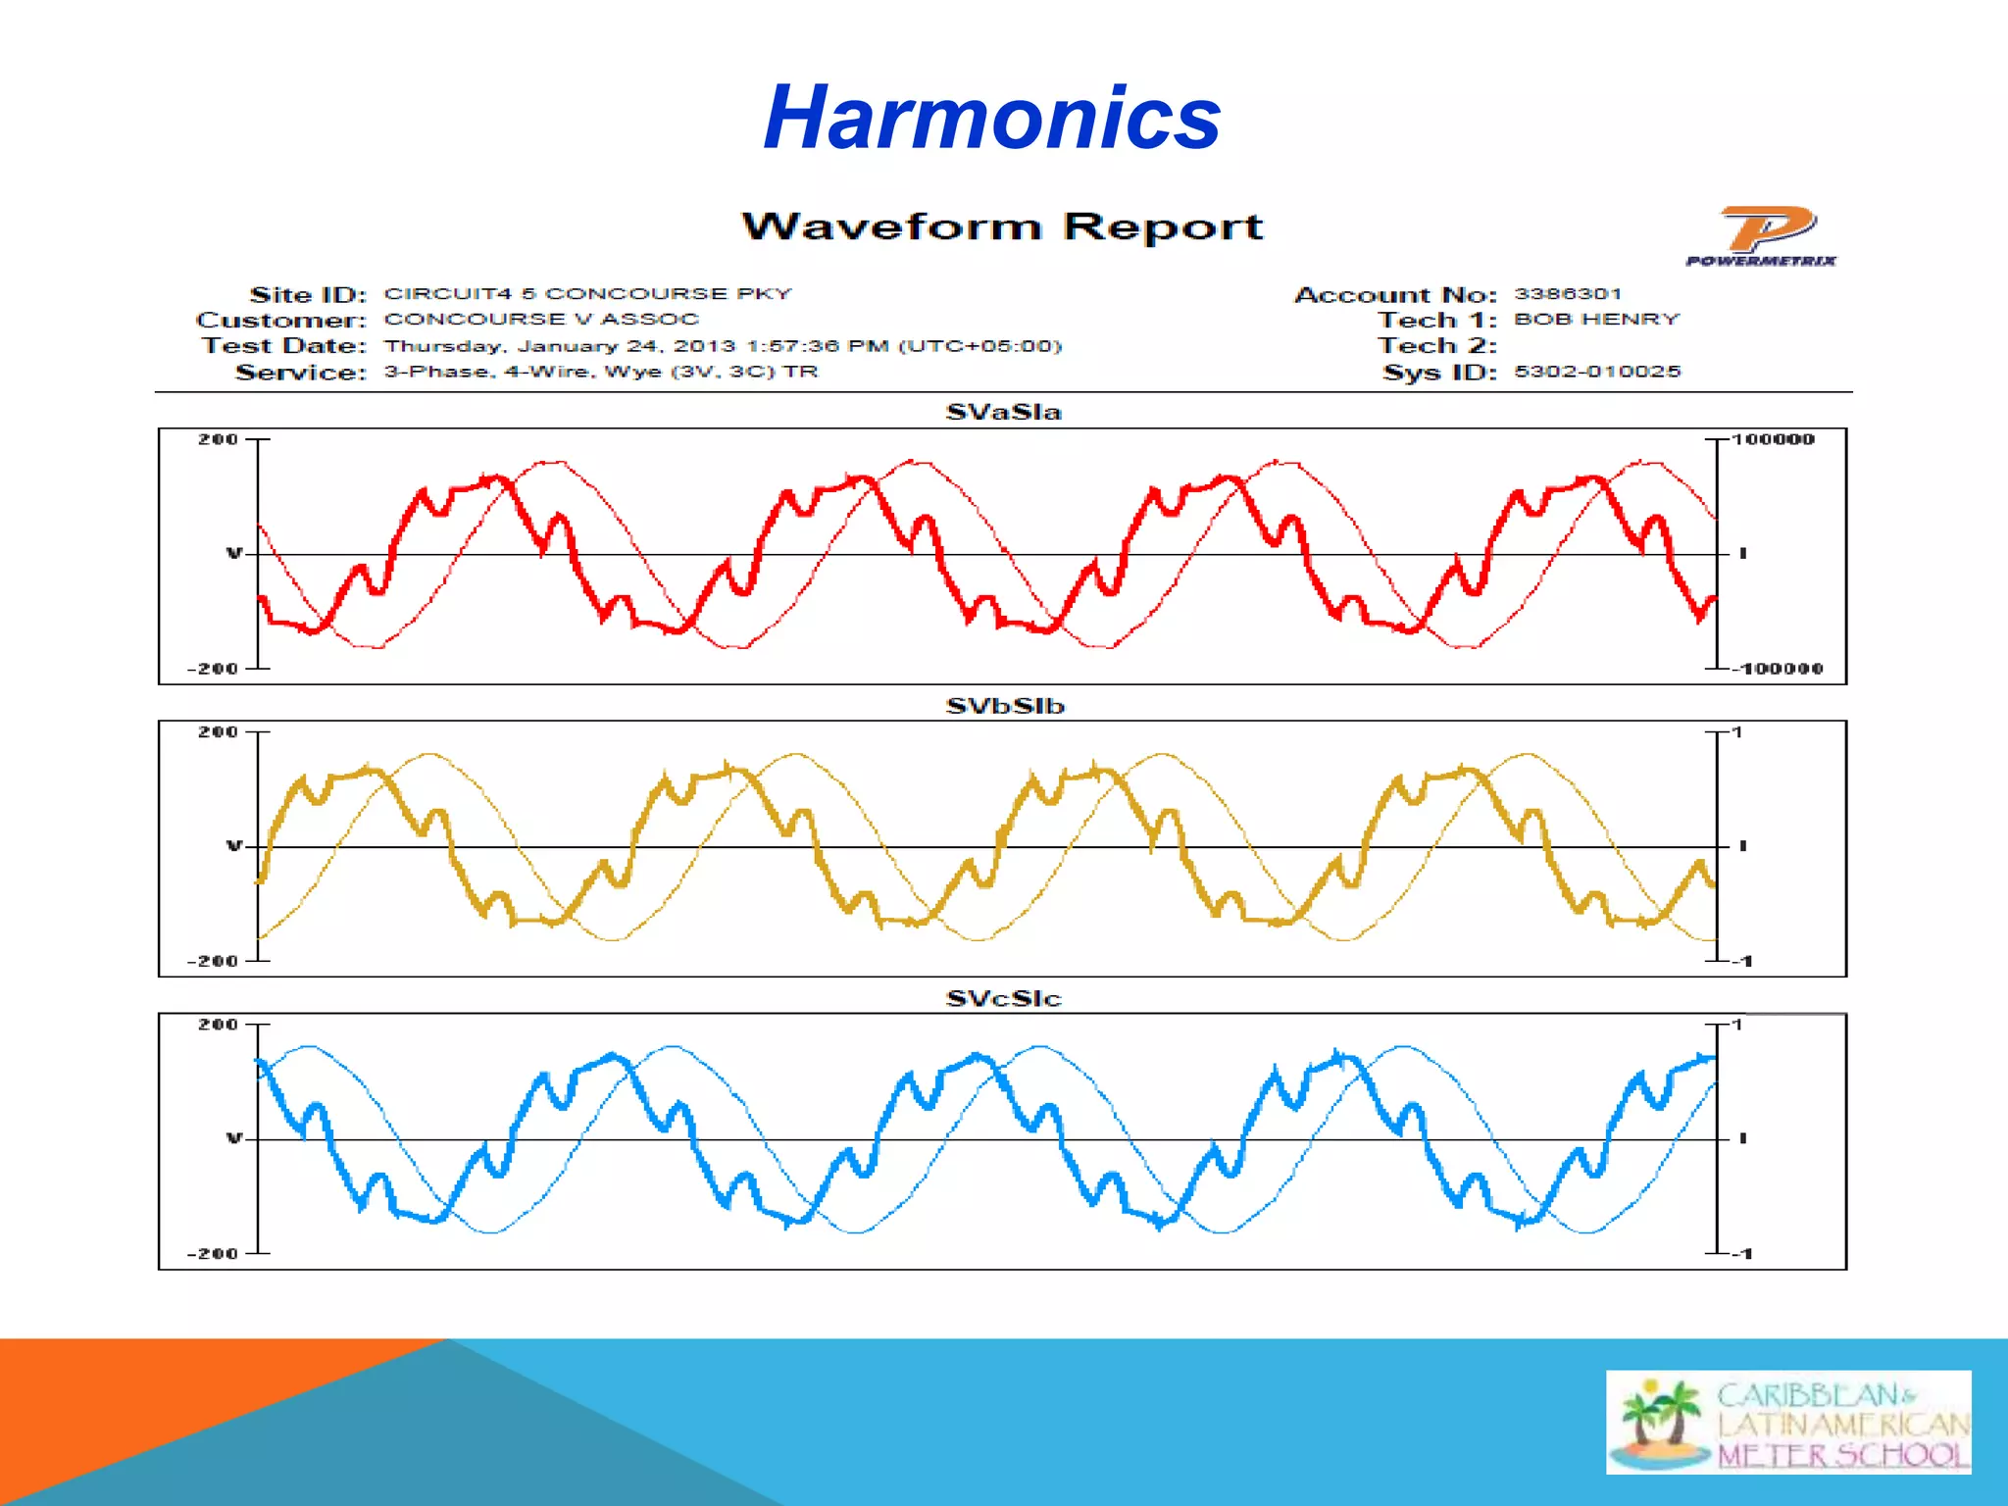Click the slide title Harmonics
tap(991, 118)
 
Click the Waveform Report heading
tap(1002, 226)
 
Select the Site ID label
tap(308, 294)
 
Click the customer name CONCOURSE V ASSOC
tap(541, 320)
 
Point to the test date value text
tap(723, 346)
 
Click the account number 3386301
tap(1568, 294)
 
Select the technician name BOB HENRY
tap(1596, 320)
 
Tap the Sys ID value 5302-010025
tap(1597, 372)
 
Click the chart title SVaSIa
tap(1003, 412)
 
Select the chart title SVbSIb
tap(1004, 706)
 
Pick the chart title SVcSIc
tap(1003, 998)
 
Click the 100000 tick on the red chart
tap(1773, 439)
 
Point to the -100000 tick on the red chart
tap(1777, 669)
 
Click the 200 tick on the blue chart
tap(218, 1025)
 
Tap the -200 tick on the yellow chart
tap(213, 961)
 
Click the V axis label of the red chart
tap(233, 554)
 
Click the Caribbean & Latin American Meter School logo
tap(1788, 1422)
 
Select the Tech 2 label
tap(1437, 346)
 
